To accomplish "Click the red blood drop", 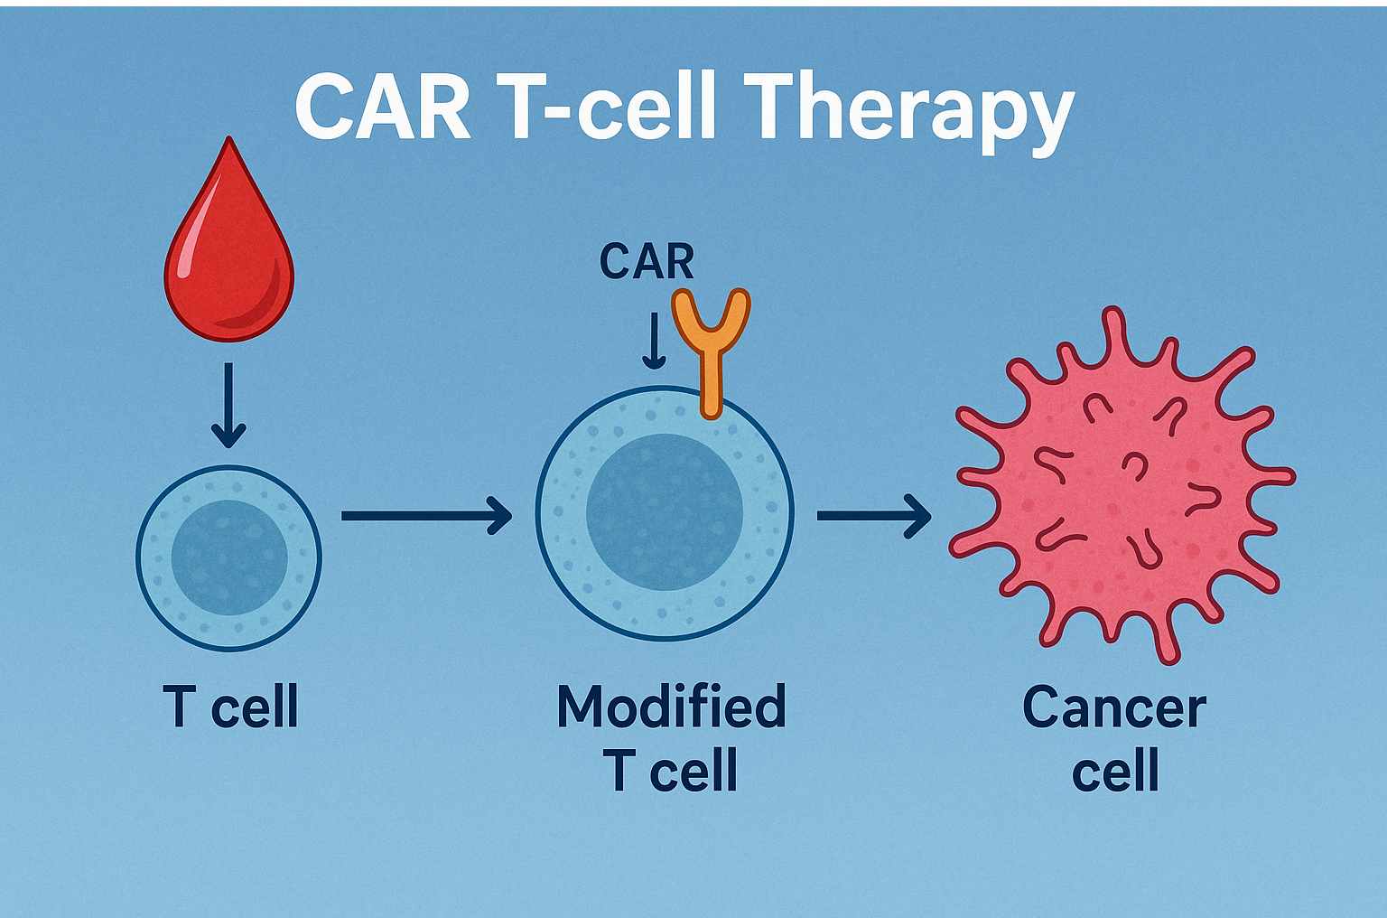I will click(x=229, y=262).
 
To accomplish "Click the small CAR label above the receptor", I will click(x=647, y=262).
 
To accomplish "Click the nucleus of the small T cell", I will click(x=229, y=557).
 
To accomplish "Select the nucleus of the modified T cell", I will click(x=665, y=512).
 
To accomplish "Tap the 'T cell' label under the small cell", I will click(x=230, y=707).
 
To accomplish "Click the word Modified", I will click(x=671, y=707).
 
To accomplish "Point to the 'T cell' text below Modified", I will click(x=671, y=771).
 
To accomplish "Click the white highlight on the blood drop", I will click(x=186, y=258).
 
